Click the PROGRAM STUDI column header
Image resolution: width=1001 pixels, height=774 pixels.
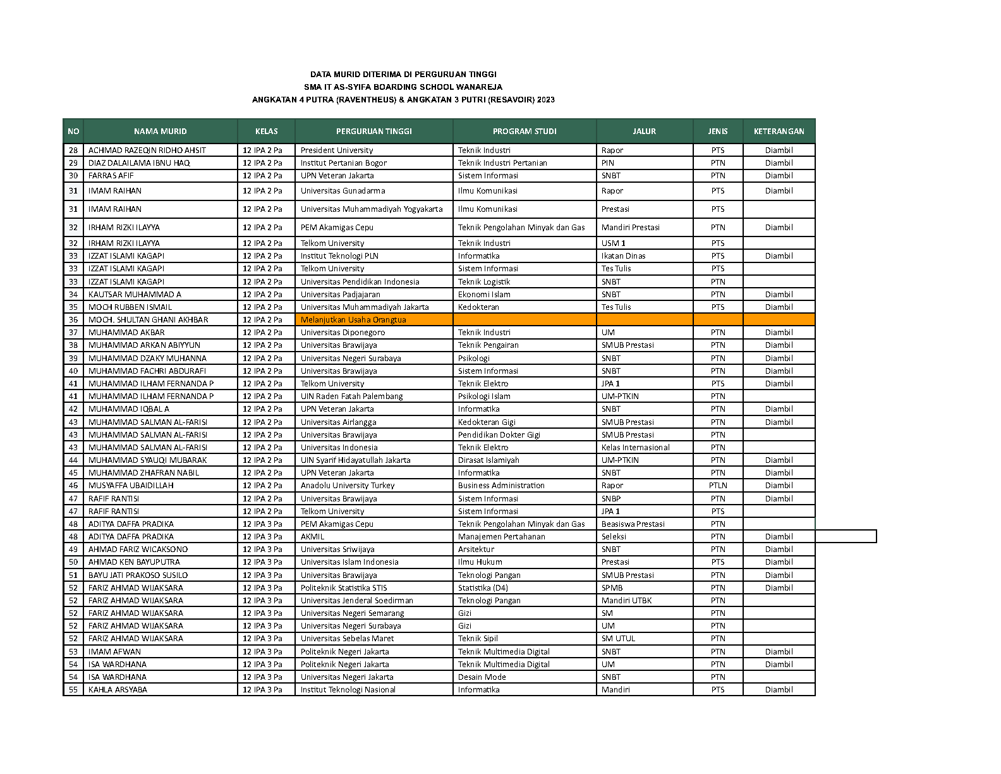point(525,132)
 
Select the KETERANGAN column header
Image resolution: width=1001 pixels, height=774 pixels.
point(779,132)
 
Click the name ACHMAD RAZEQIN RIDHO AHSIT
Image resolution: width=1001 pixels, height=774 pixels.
point(147,150)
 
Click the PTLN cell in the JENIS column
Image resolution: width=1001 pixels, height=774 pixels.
point(718,486)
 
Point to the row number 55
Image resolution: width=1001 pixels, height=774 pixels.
point(73,690)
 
